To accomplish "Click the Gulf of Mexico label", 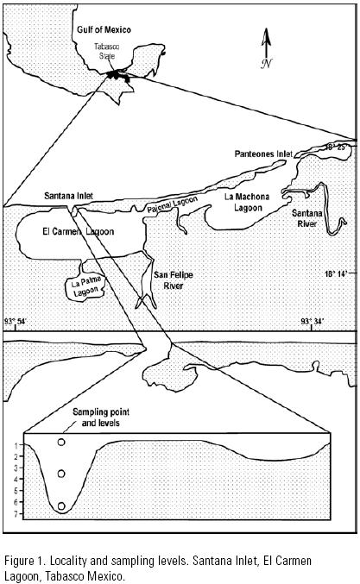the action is [104, 30].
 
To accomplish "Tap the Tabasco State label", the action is [106, 52].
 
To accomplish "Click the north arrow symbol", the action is [266, 48].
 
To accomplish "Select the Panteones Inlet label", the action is [263, 154].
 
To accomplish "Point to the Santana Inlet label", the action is [68, 196].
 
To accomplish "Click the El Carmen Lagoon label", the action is [79, 232].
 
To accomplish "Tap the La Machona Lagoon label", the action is [247, 202].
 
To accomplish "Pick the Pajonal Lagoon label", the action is [172, 204].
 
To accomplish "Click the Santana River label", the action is [307, 218].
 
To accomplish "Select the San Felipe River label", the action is [174, 280].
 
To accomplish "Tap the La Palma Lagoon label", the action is [85, 286].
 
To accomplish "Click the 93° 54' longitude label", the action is [16, 321].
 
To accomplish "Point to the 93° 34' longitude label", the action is [313, 321].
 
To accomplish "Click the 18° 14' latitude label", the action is [336, 273].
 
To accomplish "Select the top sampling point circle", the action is [61, 442].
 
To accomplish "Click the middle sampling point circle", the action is [61, 474].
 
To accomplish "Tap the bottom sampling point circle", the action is [61, 506].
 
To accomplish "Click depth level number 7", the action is [16, 514].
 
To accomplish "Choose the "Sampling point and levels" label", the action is [101, 418].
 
